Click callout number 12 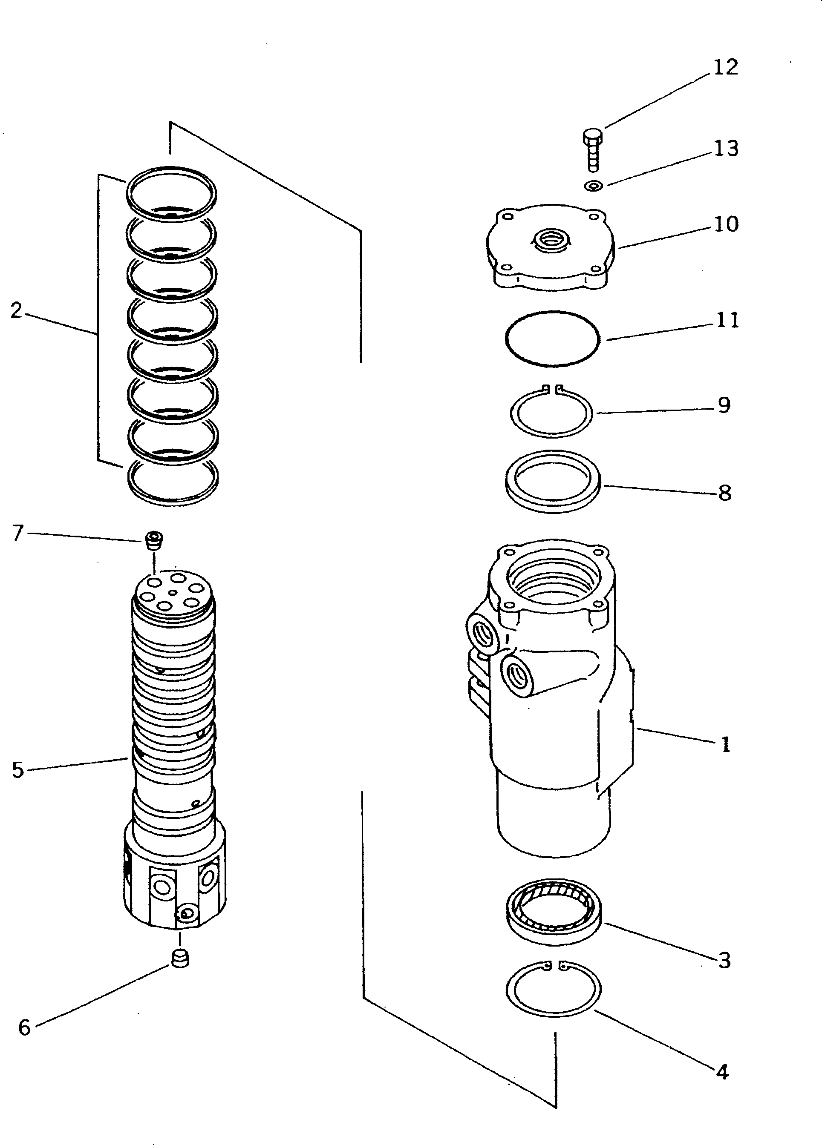pyautogui.click(x=726, y=68)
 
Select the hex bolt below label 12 pyautogui.click(x=593, y=149)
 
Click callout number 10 pyautogui.click(x=726, y=224)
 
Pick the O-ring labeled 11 pyautogui.click(x=552, y=338)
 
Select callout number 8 pyautogui.click(x=724, y=493)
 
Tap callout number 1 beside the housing pyautogui.click(x=726, y=744)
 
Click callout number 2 pyautogui.click(x=16, y=310)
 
